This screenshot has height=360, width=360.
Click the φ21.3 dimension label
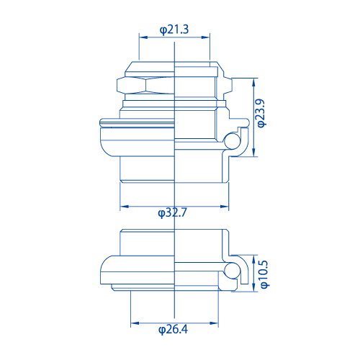(174, 30)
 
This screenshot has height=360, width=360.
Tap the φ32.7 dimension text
(173, 212)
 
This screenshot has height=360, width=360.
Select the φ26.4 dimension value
(173, 330)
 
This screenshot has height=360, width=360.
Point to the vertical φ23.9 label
(262, 114)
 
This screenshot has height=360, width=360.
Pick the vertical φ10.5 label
(264, 274)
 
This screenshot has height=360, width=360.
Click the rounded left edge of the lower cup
(102, 274)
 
